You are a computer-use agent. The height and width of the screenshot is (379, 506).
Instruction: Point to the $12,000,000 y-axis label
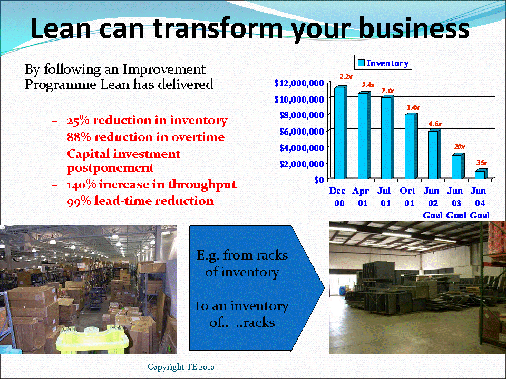click(x=299, y=83)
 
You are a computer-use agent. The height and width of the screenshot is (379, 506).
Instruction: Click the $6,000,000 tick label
click(x=299, y=131)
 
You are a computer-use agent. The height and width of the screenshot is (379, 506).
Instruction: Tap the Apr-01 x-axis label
click(x=362, y=196)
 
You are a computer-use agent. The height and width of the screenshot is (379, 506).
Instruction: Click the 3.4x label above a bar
click(x=413, y=107)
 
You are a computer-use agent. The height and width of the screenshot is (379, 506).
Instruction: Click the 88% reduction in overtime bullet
click(x=145, y=137)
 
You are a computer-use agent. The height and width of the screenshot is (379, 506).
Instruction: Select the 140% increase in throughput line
click(x=151, y=185)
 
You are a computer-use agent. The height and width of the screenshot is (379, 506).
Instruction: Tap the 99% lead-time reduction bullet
click(x=140, y=201)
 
